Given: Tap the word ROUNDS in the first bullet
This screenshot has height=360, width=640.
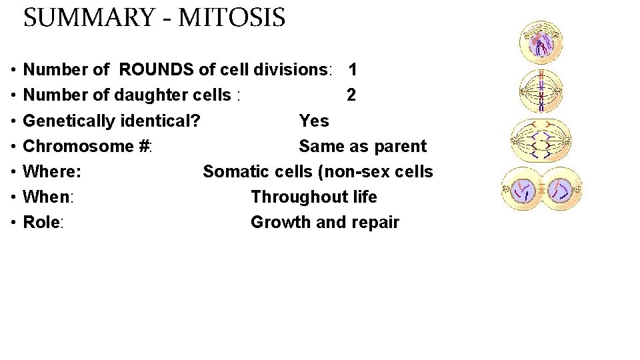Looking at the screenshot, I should click(157, 70).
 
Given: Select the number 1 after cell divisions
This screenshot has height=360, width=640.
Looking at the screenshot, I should click(353, 70).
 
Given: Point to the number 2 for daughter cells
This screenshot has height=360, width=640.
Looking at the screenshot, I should click(351, 95).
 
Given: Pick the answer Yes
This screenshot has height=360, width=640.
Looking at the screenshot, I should click(314, 121).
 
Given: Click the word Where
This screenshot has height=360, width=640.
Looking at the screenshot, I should click(51, 171).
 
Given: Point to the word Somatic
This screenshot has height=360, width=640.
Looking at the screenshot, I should click(235, 171).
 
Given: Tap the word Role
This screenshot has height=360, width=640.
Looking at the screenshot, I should click(41, 222).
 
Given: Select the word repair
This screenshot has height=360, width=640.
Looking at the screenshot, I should click(376, 222).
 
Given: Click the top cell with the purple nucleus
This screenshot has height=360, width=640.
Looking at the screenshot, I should click(542, 43).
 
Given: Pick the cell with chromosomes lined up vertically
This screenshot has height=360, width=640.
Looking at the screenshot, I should click(541, 91).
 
